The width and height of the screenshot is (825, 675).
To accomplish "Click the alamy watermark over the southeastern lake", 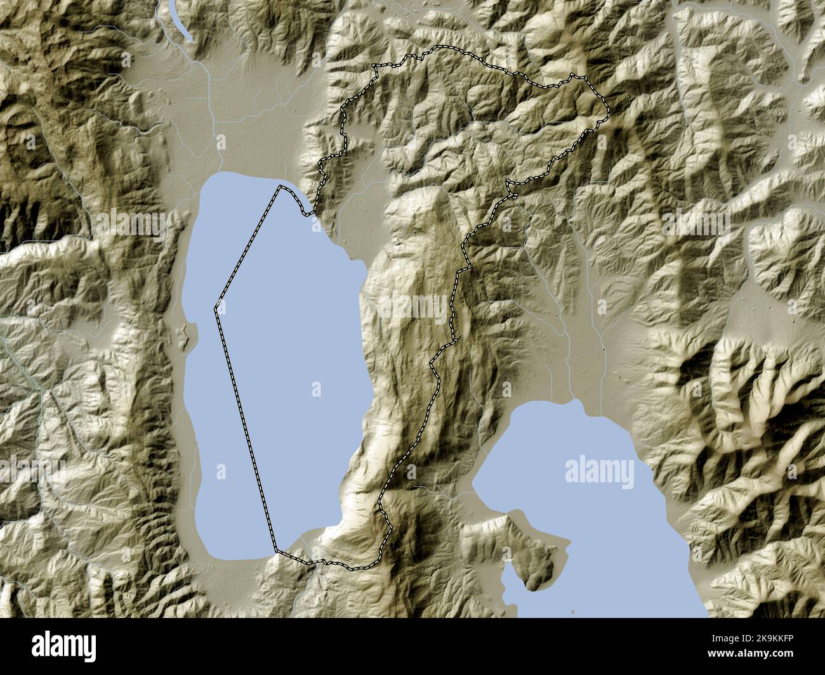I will tap(598, 472).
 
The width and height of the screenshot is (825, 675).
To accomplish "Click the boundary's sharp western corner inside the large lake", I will tap(216, 308).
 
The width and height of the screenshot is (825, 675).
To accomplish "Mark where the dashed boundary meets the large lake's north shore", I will tap(280, 187).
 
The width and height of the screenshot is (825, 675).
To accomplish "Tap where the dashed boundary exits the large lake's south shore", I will tap(277, 550).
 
